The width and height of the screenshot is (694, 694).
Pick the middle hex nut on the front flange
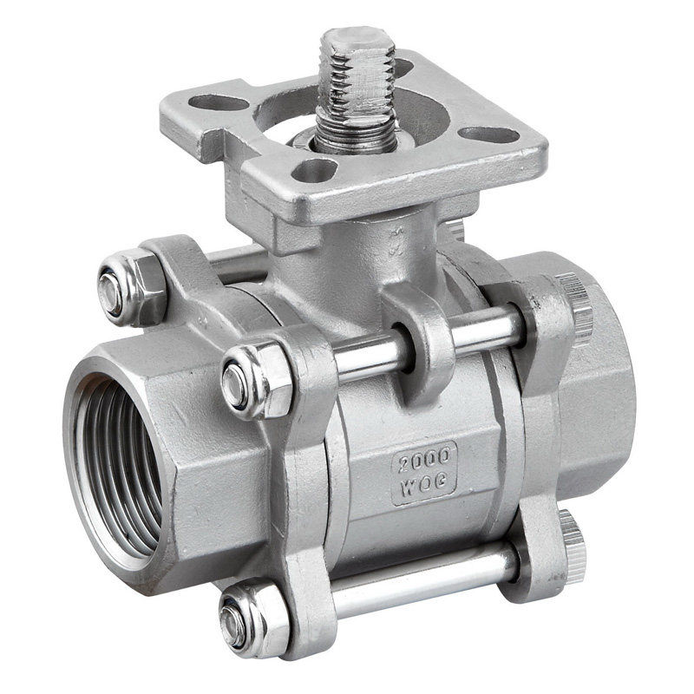point(257,382)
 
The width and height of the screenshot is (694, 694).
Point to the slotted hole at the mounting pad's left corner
point(218,102)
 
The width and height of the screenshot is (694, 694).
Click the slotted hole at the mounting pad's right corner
point(488,134)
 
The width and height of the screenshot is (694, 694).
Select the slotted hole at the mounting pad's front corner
point(314,170)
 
